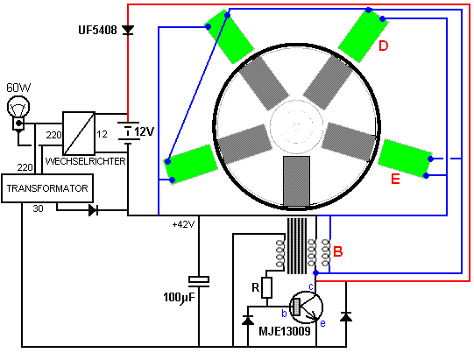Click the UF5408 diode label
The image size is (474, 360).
[97, 30]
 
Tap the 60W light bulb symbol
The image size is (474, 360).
[18, 113]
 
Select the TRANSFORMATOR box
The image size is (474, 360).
[47, 188]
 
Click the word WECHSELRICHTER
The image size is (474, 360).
[86, 161]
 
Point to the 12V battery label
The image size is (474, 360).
[145, 131]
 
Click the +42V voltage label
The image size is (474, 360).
[183, 224]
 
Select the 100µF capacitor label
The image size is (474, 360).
[179, 298]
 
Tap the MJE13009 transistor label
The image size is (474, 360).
[285, 331]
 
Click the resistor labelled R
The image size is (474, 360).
[266, 287]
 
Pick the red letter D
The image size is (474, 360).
[383, 46]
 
